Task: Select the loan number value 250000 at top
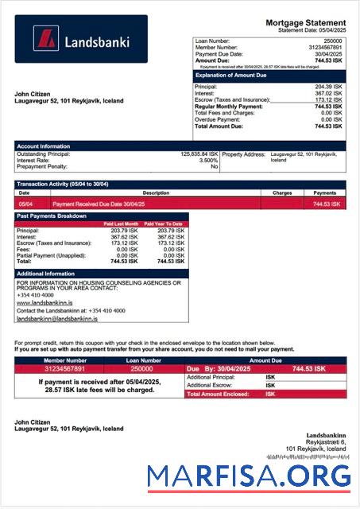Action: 333,39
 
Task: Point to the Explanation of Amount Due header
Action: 230,77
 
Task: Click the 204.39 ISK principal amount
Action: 328,86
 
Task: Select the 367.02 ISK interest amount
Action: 328,93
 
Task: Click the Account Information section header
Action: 44,146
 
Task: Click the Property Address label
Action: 243,154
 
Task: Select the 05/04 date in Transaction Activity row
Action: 25,204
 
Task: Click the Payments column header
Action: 325,192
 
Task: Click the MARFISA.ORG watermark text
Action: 249,476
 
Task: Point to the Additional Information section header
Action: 46,274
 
